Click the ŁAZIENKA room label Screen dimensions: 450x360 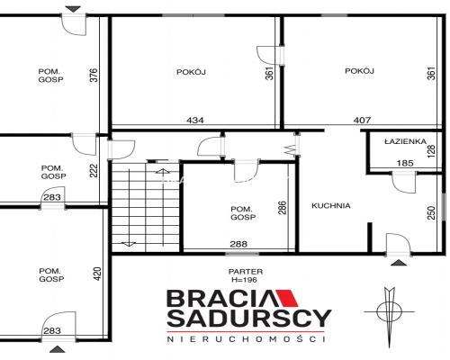[405, 141]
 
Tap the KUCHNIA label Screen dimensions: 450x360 [331, 206]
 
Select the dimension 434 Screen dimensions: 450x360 [195, 121]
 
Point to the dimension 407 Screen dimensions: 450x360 [362, 121]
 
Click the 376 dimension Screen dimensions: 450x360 [94, 76]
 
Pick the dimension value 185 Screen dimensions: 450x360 [405, 163]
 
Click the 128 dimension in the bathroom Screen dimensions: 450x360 [431, 151]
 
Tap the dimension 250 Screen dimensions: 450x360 [431, 212]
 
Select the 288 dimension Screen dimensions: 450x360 [238, 244]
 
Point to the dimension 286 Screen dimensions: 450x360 [283, 208]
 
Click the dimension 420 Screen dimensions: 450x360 [98, 274]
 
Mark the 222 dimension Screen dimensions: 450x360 [94, 170]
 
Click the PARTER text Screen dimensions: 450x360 [246, 272]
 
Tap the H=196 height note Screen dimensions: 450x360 [244, 280]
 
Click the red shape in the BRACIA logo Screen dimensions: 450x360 [286, 298]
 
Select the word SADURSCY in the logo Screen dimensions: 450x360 [249, 319]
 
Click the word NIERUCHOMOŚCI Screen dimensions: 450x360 [246, 339]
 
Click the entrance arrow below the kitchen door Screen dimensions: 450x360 [399, 263]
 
